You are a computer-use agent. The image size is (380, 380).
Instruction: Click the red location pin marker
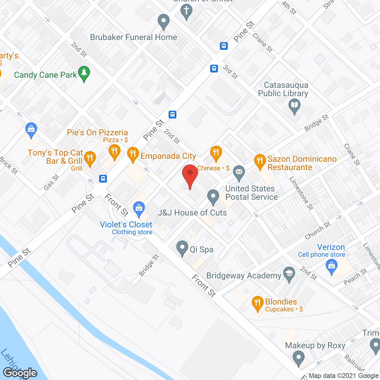point(190,173)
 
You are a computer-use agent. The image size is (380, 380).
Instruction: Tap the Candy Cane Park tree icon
point(84,73)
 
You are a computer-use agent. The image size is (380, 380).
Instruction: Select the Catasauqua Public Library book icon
point(294,105)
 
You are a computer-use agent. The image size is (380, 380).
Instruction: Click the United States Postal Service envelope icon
point(239,172)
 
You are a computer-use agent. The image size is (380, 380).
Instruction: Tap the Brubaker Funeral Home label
point(133,37)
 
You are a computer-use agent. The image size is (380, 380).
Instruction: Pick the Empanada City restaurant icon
point(133,154)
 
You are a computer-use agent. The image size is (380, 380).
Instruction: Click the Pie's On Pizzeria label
point(97,132)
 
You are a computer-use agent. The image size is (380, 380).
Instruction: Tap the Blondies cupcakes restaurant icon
point(257,303)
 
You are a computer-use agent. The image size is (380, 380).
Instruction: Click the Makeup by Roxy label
point(315,346)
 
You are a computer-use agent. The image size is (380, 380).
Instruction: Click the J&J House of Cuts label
point(192,213)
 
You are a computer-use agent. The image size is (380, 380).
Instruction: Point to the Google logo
point(20,373)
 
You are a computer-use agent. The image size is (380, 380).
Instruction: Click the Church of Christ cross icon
point(186,11)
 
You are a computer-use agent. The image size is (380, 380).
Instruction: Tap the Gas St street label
point(51,182)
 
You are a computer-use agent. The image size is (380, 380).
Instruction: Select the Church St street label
point(318,231)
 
